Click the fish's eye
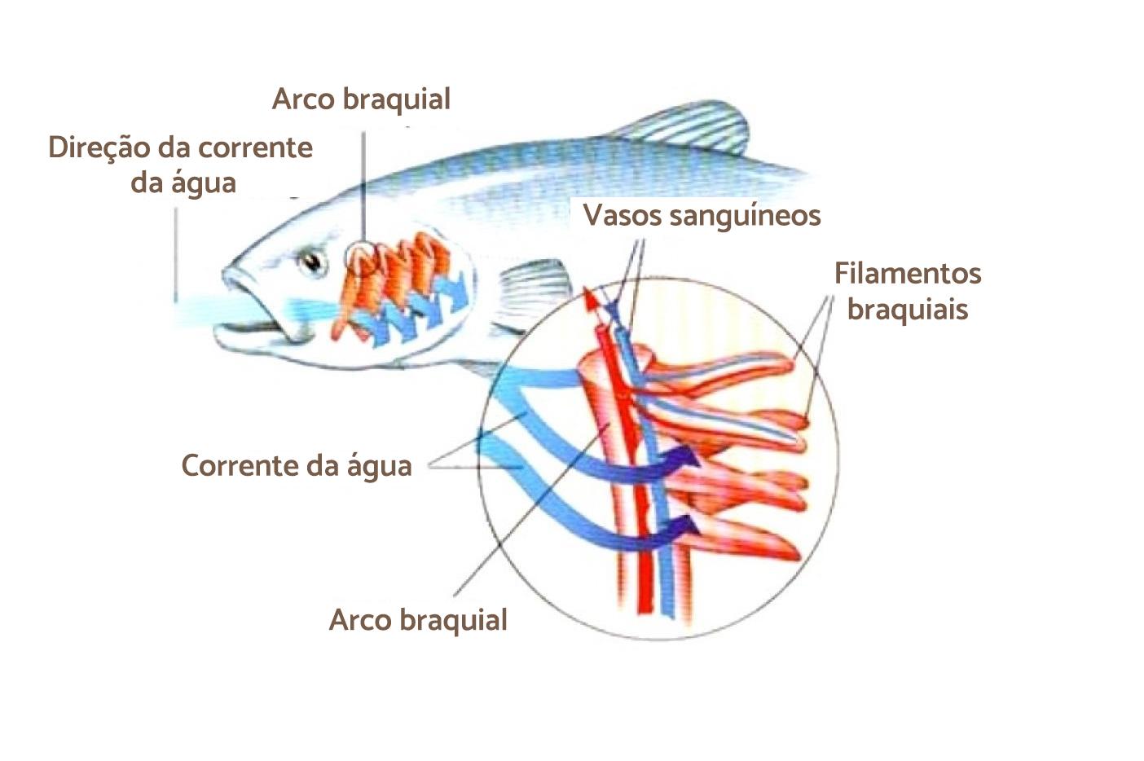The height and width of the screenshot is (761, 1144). (x=312, y=262)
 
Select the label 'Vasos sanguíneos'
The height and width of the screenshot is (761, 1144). (x=702, y=215)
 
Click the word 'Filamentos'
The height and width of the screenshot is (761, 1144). (x=907, y=273)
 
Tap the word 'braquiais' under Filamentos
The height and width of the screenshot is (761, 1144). (x=907, y=310)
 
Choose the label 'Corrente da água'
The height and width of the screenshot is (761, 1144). (x=296, y=465)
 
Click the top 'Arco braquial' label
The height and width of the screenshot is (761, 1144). (x=361, y=99)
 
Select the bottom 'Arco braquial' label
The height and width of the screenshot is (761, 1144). (x=418, y=620)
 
